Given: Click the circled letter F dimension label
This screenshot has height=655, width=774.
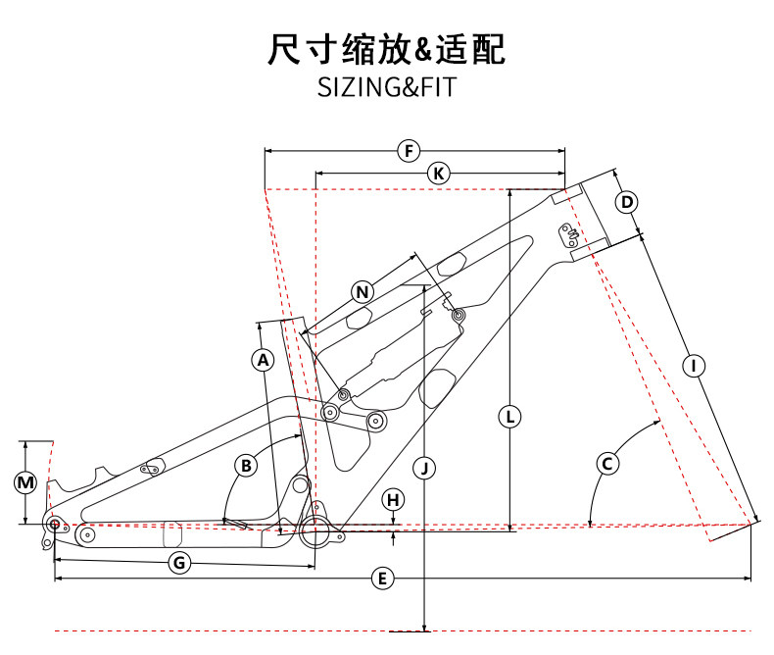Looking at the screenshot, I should [x=409, y=151].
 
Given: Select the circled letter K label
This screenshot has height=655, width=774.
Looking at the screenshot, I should [x=439, y=174].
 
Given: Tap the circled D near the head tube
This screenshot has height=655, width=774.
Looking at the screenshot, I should [x=627, y=203].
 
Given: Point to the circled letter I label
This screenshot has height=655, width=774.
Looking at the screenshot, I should [x=694, y=366].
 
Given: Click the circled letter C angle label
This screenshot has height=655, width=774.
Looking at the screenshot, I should [x=607, y=462].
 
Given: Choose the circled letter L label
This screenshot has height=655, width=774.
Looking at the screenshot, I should [x=508, y=416].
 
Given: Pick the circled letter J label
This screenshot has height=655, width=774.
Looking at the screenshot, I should [x=423, y=468].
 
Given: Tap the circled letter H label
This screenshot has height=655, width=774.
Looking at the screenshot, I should [x=393, y=500].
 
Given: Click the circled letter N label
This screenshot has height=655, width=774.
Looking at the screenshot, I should [x=363, y=292].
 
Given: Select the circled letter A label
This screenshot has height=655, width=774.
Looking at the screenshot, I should [x=262, y=360].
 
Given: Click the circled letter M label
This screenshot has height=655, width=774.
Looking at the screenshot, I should [x=26, y=482].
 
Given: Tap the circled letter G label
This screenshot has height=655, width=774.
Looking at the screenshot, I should [x=179, y=563].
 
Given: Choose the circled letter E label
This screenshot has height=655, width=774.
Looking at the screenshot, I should [x=383, y=579].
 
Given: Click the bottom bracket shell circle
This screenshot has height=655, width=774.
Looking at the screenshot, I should [x=316, y=532].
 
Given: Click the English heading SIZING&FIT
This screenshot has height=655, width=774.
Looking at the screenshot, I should [x=387, y=87].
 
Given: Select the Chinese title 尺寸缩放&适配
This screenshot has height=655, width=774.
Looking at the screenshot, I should [x=387, y=48].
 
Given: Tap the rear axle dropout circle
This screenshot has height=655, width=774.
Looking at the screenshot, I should [x=55, y=524].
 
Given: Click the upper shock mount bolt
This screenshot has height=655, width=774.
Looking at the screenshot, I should [x=458, y=315].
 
